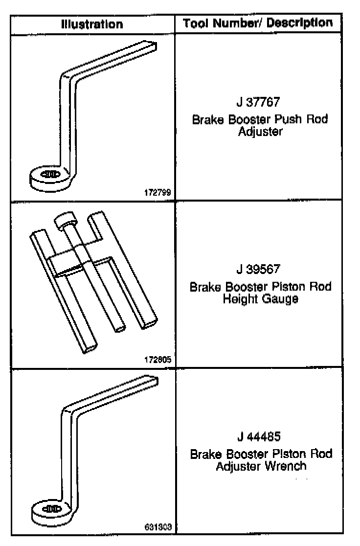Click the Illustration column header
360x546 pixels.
click(x=92, y=23)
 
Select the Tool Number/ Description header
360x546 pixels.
click(x=257, y=23)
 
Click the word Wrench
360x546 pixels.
click(x=286, y=466)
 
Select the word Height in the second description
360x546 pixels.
click(x=237, y=299)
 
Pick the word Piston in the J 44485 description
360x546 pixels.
click(x=285, y=454)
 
